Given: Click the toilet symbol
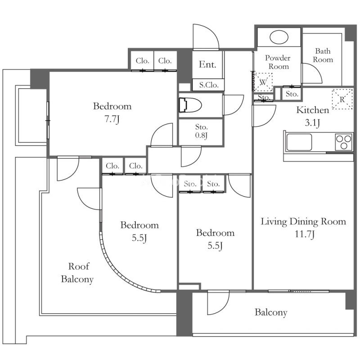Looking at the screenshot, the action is pyautogui.click(x=190, y=105).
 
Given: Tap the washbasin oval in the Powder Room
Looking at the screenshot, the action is pyautogui.click(x=279, y=37).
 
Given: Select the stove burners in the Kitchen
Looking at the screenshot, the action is pyautogui.click(x=343, y=142).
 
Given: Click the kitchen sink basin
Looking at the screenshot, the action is pyautogui.click(x=299, y=142).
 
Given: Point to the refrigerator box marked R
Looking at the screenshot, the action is pyautogui.click(x=342, y=99).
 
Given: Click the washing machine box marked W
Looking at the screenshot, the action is pyautogui.click(x=263, y=82).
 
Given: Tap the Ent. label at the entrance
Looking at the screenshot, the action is pyautogui.click(x=207, y=64).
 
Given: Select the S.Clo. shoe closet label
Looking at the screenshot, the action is pyautogui.click(x=208, y=85).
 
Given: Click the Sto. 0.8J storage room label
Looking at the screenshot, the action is pyautogui.click(x=201, y=131).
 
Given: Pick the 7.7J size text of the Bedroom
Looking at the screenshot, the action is pyautogui.click(x=112, y=120).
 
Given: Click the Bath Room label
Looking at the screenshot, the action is pyautogui.click(x=323, y=55).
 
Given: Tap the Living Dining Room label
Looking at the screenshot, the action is pyautogui.click(x=303, y=221).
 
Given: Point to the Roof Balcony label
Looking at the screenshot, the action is pyautogui.click(x=77, y=273).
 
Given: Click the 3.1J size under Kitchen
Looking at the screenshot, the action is pyautogui.click(x=312, y=123).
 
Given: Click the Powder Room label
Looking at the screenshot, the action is pyautogui.click(x=278, y=62).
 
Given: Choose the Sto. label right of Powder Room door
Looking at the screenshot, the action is pyautogui.click(x=292, y=94).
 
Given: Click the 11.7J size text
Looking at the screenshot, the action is pyautogui.click(x=305, y=234).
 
